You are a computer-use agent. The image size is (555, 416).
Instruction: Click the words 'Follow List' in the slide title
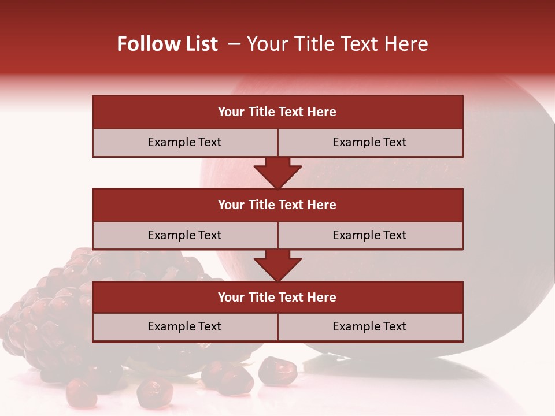click(167, 44)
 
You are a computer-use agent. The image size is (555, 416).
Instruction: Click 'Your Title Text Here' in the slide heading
click(338, 44)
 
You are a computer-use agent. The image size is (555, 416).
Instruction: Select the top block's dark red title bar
click(277, 112)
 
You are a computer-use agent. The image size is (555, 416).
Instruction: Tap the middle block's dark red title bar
click(277, 205)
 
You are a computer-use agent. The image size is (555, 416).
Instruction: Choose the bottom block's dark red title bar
click(277, 297)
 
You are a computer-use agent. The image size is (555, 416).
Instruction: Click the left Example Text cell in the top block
click(184, 142)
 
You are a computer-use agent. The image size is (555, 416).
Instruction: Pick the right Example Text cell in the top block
click(370, 142)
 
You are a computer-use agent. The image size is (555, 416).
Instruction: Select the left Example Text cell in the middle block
click(184, 235)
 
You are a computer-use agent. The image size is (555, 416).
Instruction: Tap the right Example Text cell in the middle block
click(370, 235)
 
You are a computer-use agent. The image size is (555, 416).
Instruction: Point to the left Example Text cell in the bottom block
click(184, 326)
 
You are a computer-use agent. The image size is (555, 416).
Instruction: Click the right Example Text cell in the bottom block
click(370, 326)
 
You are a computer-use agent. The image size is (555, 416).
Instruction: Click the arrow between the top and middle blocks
click(277, 172)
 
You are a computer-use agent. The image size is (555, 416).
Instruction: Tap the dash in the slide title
click(235, 44)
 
